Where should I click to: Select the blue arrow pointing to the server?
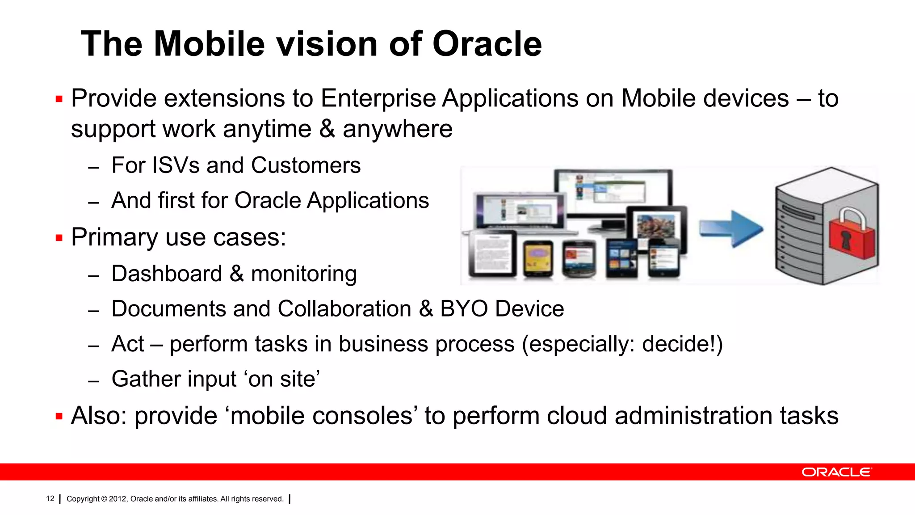point(731,228)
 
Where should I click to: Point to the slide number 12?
point(50,498)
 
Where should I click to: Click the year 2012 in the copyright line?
point(118,498)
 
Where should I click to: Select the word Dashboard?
point(167,274)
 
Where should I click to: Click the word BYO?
point(464,309)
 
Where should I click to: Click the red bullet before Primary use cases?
point(59,238)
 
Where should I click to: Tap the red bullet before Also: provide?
point(59,417)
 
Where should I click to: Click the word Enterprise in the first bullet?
point(378,99)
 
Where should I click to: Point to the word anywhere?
point(397,129)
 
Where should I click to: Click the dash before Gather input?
point(93,381)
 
